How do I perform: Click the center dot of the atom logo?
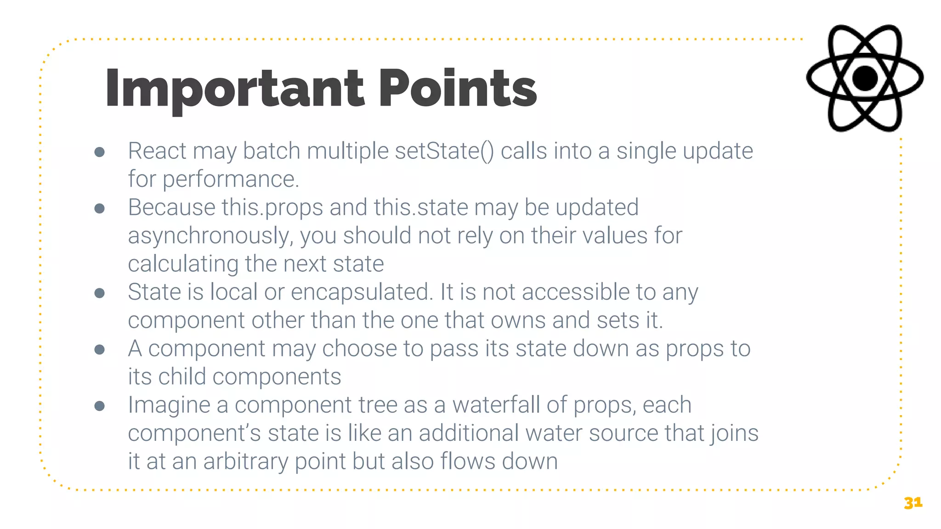click(865, 78)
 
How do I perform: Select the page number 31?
click(913, 503)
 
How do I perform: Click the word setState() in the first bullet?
click(444, 151)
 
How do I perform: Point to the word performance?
click(230, 179)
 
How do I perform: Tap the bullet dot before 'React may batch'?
click(99, 152)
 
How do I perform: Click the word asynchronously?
click(210, 236)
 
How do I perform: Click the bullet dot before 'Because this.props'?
click(99, 208)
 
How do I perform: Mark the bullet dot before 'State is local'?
click(99, 293)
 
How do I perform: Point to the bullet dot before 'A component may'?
click(99, 349)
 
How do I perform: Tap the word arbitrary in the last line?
click(245, 462)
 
